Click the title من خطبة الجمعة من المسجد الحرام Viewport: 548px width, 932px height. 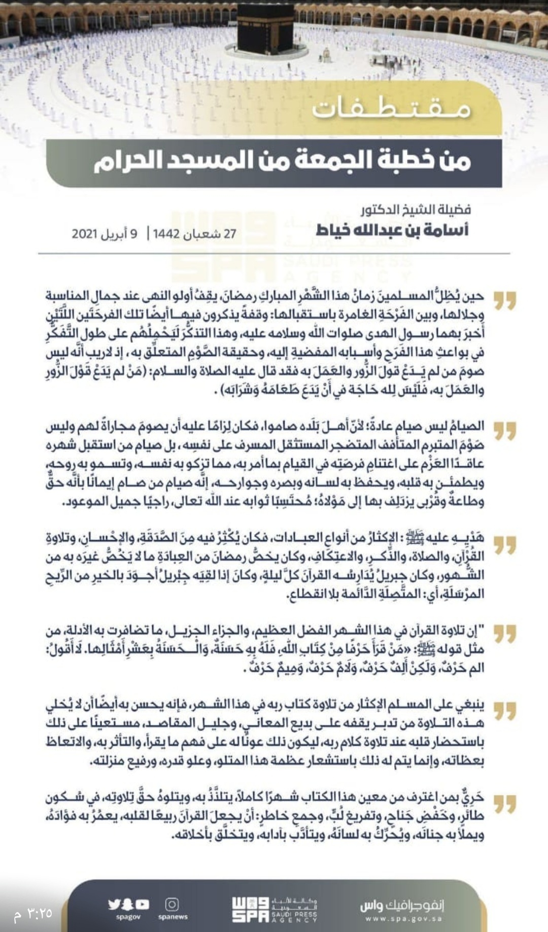coord(282,161)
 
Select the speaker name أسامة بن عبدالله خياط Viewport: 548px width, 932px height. coord(392,230)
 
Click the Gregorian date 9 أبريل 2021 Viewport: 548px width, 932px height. coord(105,234)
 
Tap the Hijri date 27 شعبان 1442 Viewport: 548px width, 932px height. coord(195,234)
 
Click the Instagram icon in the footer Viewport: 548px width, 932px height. coord(172,905)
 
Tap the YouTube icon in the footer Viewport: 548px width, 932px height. coord(143,905)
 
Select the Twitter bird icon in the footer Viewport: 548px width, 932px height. coord(114,905)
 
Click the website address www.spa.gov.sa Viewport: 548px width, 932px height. coord(403,919)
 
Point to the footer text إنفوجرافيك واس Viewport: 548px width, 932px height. coord(402,906)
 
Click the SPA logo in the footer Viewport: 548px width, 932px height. coord(250,910)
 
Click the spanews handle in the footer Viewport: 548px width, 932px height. coord(173,917)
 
